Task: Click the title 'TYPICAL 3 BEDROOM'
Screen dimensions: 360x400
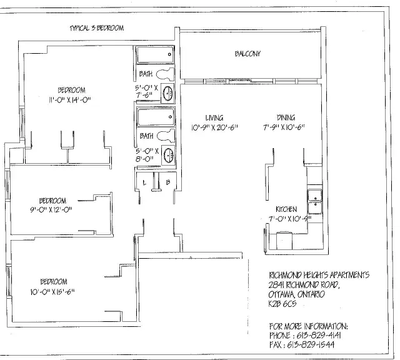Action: [97, 28]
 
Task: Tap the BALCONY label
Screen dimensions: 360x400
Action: [247, 54]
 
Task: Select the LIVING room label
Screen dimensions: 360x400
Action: [214, 117]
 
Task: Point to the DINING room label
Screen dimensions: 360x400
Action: [286, 117]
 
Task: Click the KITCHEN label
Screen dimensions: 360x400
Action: [286, 209]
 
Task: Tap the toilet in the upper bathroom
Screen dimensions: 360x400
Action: [164, 74]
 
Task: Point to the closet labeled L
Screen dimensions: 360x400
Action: [144, 182]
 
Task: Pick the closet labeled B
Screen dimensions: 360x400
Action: [168, 182]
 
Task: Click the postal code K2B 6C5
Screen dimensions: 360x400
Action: [283, 304]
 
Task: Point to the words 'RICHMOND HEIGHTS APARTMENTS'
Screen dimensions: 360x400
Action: [319, 275]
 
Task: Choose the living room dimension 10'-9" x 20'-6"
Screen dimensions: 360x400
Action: [214, 127]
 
